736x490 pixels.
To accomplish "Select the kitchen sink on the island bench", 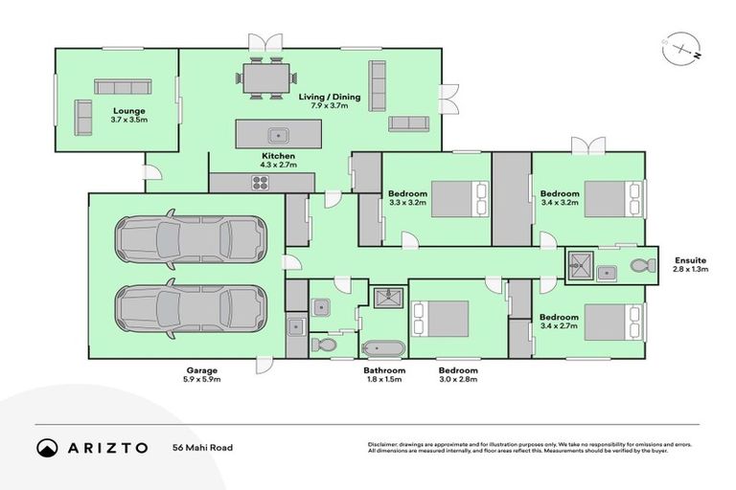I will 278,134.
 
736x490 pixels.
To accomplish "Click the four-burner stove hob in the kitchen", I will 261,182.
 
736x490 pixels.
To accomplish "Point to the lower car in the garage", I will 190,308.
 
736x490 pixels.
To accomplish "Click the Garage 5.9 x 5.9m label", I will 202,374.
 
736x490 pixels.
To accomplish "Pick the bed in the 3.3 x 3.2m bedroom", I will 459,200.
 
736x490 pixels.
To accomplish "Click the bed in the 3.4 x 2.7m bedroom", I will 612,323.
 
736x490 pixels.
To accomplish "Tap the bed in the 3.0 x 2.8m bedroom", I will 440,320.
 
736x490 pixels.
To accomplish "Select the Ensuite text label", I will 690,259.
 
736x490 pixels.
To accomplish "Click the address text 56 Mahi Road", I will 202,448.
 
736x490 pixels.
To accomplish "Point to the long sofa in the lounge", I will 122,86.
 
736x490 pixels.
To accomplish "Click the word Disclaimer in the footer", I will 384,444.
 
